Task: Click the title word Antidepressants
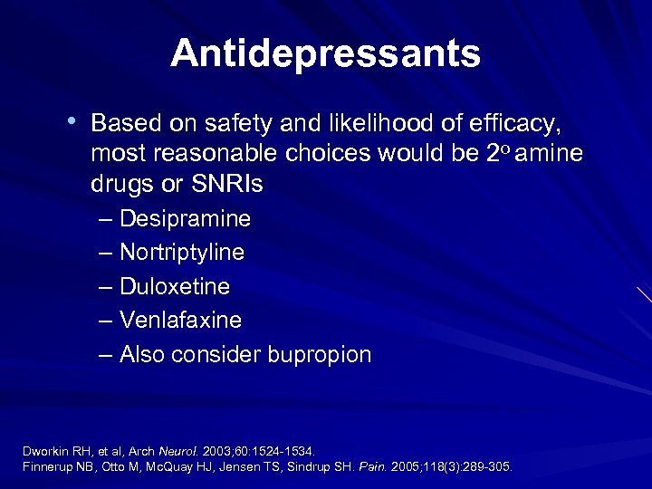pos(325,53)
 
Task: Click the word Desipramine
pos(185,219)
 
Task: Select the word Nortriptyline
pos(181,253)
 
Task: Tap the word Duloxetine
pos(174,287)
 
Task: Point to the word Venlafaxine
pos(180,321)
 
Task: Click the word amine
pos(551,153)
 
